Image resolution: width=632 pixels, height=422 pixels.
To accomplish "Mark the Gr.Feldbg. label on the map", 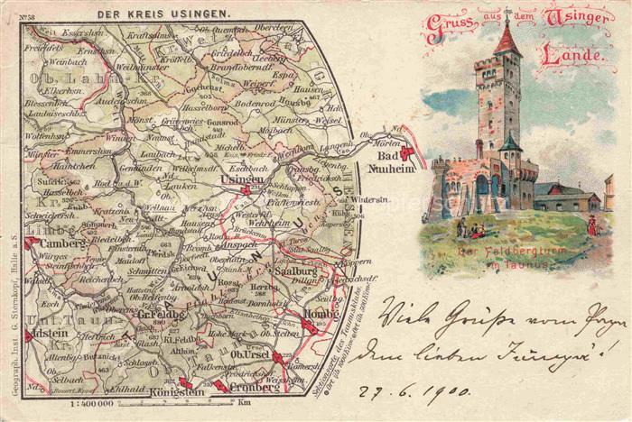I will tap(162, 314).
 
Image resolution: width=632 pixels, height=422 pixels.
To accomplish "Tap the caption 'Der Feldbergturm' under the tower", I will tap(498, 248).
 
